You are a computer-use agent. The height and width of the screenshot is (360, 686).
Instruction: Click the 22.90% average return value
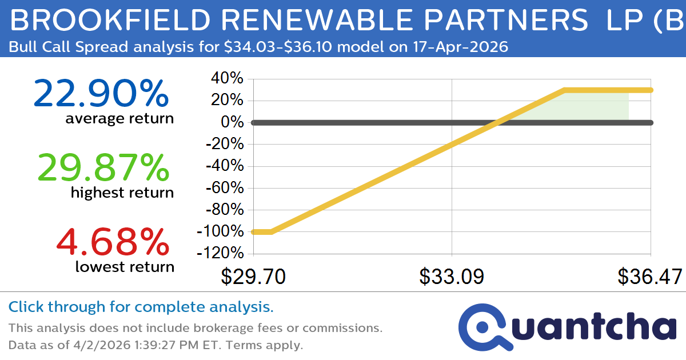click(101, 94)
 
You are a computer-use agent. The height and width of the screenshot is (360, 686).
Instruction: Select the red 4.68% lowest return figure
click(113, 242)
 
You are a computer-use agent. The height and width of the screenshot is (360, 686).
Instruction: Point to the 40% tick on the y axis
click(228, 79)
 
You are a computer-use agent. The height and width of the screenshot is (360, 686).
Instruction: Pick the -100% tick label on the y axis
click(220, 231)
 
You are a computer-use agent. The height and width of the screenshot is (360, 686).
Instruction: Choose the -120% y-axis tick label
click(220, 253)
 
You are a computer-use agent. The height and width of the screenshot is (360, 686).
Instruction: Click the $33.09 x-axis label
click(452, 277)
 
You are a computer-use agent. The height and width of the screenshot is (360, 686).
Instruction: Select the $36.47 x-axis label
click(649, 277)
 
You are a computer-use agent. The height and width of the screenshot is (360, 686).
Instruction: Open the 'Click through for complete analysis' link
click(141, 307)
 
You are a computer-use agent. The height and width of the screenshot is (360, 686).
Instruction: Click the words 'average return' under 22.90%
click(119, 118)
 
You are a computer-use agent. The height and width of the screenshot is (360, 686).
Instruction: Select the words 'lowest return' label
click(125, 267)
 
